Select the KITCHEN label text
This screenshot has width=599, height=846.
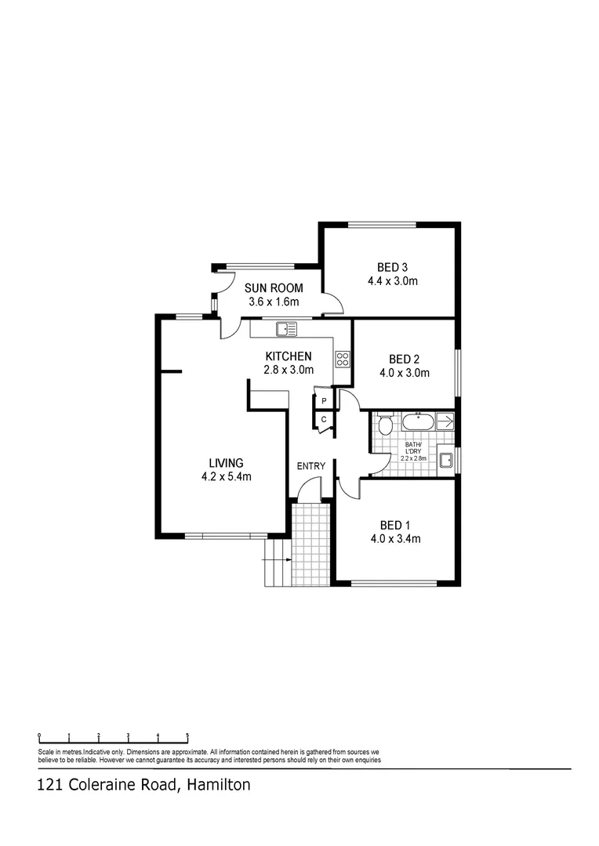coord(287,356)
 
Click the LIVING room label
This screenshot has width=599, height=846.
coord(226,463)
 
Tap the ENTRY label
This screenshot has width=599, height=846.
coord(310,467)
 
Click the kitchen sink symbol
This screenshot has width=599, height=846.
coord(286,327)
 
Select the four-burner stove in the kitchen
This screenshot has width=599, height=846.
coord(343,360)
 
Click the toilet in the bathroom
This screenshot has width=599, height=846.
coord(384,425)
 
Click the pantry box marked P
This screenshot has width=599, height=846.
coord(323,401)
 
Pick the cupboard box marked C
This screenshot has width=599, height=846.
coord(323,420)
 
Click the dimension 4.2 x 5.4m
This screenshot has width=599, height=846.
coord(226,476)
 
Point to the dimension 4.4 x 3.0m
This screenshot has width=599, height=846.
coord(392,280)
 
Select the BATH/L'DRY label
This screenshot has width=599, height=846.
coord(413,449)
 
